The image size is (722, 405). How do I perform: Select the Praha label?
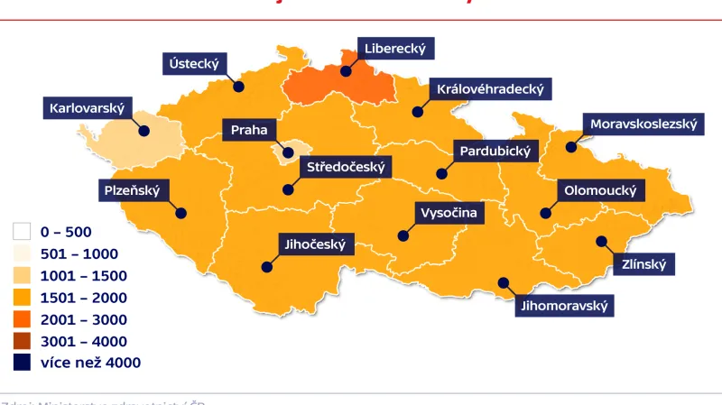pyautogui.click(x=249, y=130)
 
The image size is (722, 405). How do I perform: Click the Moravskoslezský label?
pyautogui.click(x=643, y=124)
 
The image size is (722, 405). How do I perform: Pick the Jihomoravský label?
pyautogui.click(x=565, y=306)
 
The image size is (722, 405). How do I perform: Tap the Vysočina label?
pyautogui.click(x=448, y=213)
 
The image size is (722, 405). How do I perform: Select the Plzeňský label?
pyautogui.click(x=130, y=189)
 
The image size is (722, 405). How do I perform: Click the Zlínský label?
pyautogui.click(x=644, y=264)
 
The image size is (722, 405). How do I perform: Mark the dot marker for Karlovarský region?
pyautogui.click(x=143, y=131)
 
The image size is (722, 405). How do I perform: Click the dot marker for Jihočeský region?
pyautogui.click(x=267, y=266)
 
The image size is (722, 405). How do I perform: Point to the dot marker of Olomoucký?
pyautogui.click(x=545, y=213)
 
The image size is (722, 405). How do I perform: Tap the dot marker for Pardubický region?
pyautogui.click(x=441, y=173)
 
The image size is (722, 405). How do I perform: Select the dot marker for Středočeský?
pyautogui.click(x=287, y=189)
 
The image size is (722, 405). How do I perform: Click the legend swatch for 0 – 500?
pyautogui.click(x=23, y=232)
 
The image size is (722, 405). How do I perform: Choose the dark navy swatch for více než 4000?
pyautogui.click(x=23, y=363)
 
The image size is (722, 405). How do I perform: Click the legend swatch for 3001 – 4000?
pyautogui.click(x=23, y=341)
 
